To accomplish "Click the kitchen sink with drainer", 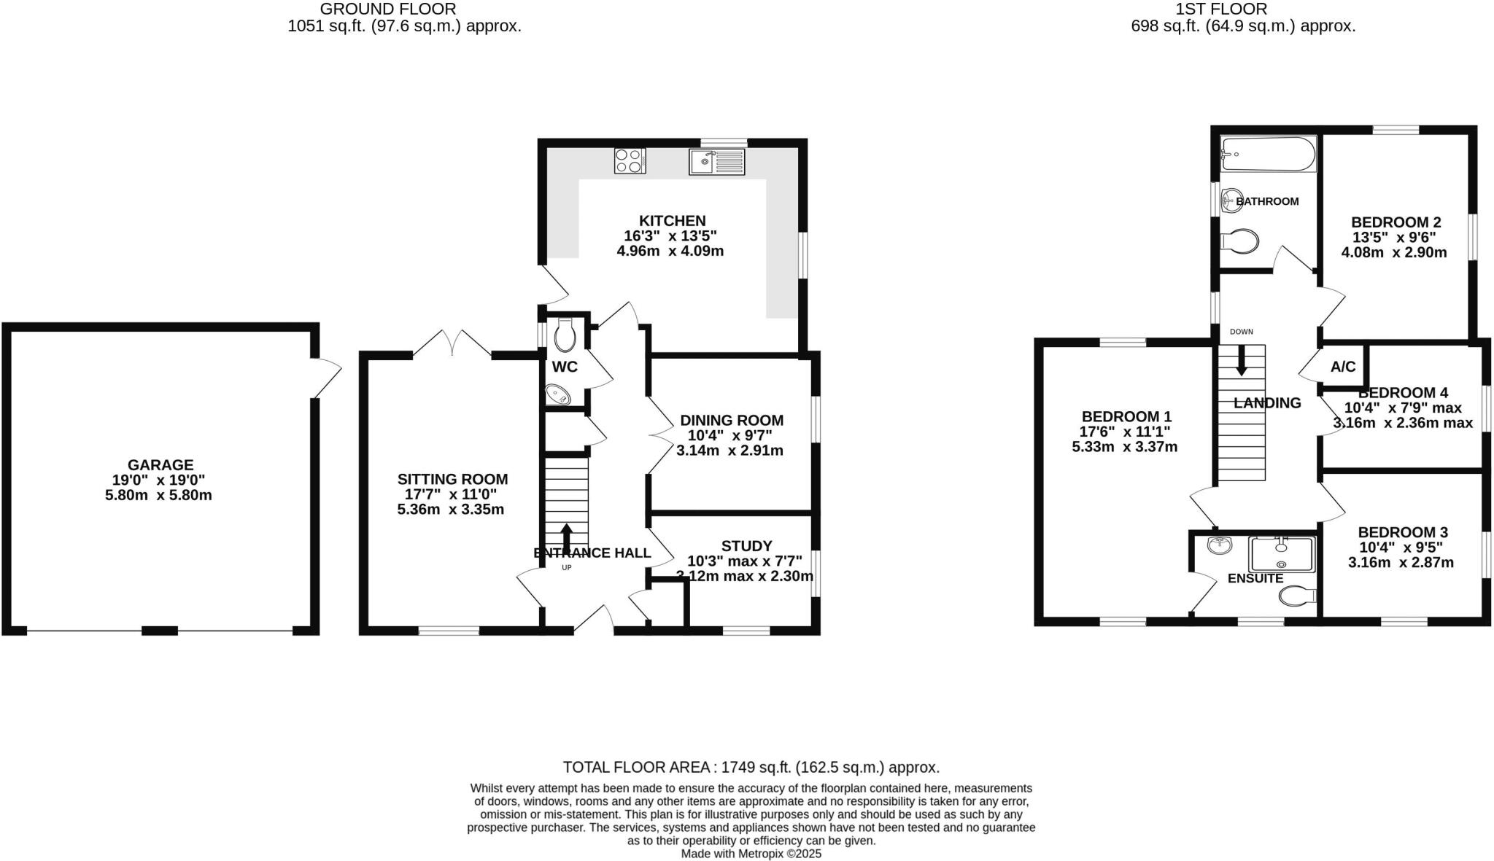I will [x=716, y=161].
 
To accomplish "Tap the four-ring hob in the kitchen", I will [x=630, y=160].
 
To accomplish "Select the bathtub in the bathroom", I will [x=1268, y=155].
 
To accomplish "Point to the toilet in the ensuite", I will [x=1296, y=596].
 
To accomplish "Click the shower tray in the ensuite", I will [x=1281, y=554].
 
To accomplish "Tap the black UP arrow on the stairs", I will [x=566, y=534].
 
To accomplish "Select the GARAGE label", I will [x=160, y=465].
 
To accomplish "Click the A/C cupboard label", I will [x=1343, y=367].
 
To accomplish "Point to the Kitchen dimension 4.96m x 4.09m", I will [x=670, y=252].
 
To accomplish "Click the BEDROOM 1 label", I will [x=1126, y=416].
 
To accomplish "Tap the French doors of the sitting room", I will [x=452, y=344].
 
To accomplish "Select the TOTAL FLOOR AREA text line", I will [x=751, y=767].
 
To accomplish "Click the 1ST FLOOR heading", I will [x=1242, y=9].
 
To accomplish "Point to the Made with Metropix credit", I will [x=751, y=853].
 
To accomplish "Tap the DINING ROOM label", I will [x=732, y=421].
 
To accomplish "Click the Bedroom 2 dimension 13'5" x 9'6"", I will [x=1394, y=237].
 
